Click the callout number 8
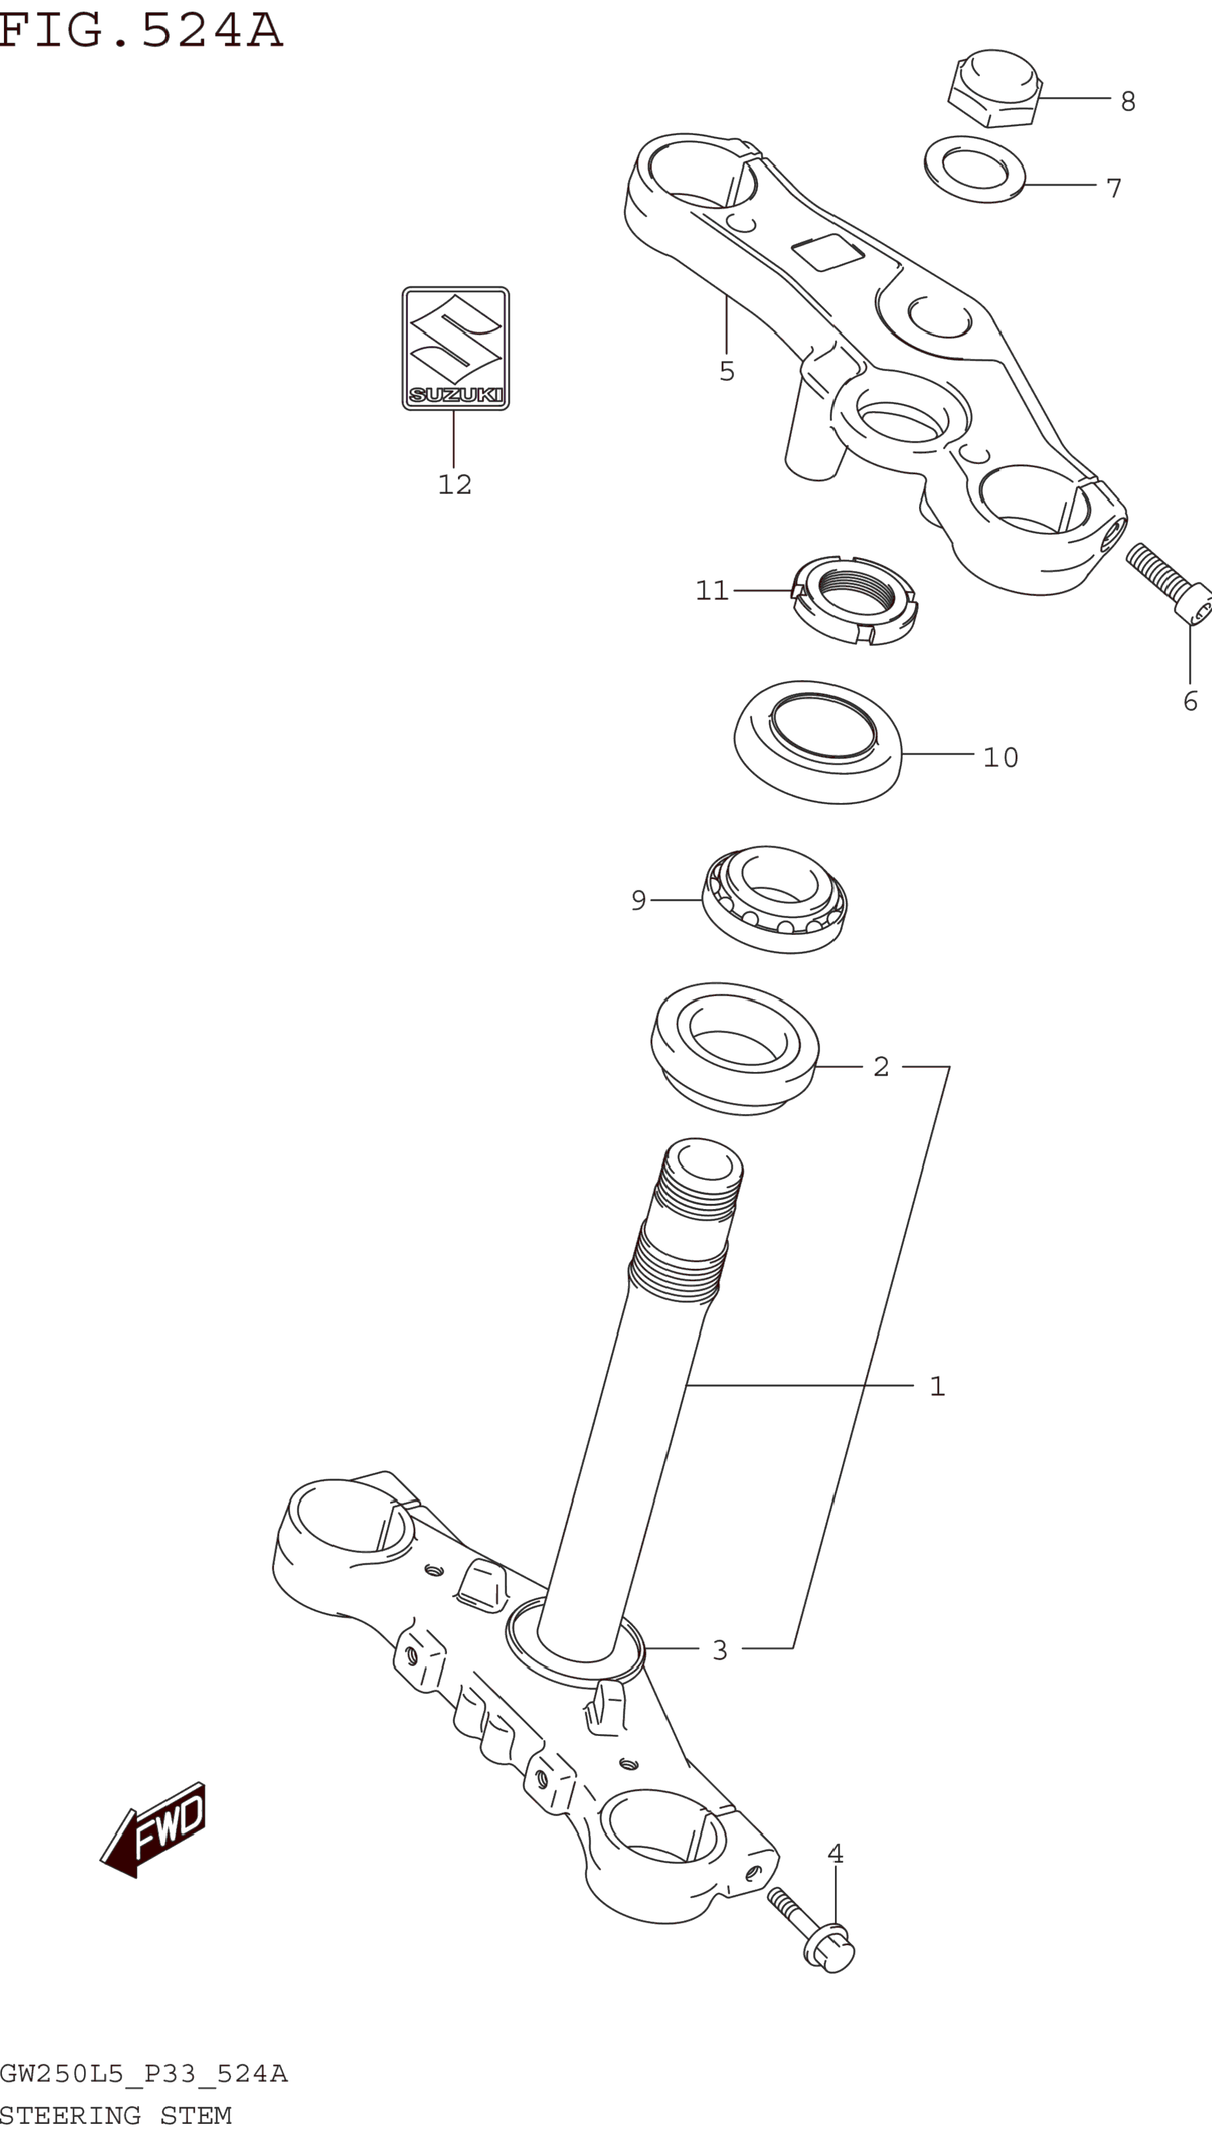[x=1128, y=102]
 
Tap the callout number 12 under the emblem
[x=455, y=484]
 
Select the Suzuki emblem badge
[x=455, y=348]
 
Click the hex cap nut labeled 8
[x=995, y=87]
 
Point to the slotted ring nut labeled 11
[x=855, y=599]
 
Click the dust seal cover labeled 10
[x=817, y=742]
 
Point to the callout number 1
[x=937, y=1386]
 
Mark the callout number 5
[x=727, y=371]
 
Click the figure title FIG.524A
[x=142, y=31]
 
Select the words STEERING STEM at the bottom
[x=116, y=2115]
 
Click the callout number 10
[x=1001, y=757]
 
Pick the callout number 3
[x=720, y=1650]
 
